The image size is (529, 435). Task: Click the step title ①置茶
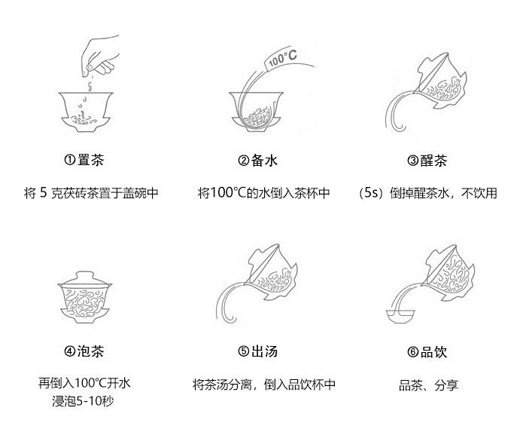coord(84,160)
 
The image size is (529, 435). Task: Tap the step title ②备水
coord(257,160)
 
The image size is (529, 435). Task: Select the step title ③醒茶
coord(427,160)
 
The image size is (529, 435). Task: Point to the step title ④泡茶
coord(84,351)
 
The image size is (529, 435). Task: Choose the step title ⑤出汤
coord(257,351)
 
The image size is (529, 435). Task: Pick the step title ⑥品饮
coord(427,351)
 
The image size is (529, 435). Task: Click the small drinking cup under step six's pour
coord(400,316)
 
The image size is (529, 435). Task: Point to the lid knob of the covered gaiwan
coord(85,274)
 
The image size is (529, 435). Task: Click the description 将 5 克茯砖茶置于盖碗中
coord(91,193)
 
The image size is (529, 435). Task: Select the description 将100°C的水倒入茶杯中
coord(263,193)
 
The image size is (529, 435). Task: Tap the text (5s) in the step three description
coord(372,193)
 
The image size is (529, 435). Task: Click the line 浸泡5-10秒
coord(83,401)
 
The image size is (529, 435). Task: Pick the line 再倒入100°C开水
coord(84,383)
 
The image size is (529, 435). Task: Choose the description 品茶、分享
coord(428,384)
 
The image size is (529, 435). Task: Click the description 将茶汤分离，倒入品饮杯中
coord(264,384)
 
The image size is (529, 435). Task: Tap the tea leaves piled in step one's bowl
coord(84,118)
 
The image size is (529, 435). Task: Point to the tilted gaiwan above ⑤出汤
coord(272,272)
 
